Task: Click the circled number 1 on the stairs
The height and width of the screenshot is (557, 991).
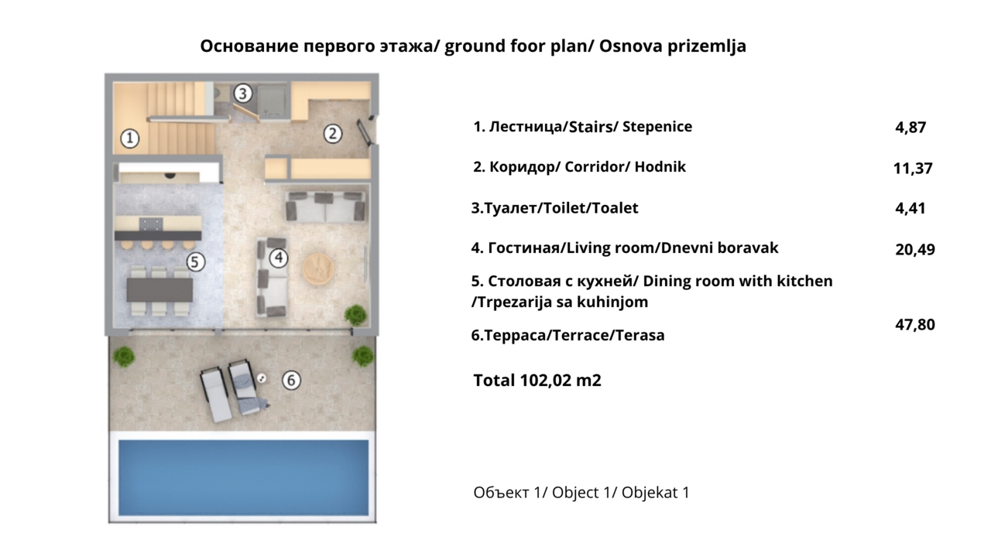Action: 130,138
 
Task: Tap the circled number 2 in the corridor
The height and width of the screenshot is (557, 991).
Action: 332,133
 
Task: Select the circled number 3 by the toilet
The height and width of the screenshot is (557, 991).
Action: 242,94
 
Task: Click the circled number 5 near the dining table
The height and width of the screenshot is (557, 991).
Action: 195,262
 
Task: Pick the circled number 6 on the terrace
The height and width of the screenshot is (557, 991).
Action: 290,380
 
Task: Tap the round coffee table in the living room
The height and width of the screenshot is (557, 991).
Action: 318,268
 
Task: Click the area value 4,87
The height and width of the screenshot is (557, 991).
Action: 910,128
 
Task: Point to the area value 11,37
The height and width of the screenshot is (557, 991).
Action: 913,168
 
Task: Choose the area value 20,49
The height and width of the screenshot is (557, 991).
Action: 914,249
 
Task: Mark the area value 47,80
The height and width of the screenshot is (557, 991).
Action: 914,324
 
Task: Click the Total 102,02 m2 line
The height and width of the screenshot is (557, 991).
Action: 537,380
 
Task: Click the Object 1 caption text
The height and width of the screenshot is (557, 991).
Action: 581,493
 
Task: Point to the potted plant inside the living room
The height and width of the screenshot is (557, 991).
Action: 355,314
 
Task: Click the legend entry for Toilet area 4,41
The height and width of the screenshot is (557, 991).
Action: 910,208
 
